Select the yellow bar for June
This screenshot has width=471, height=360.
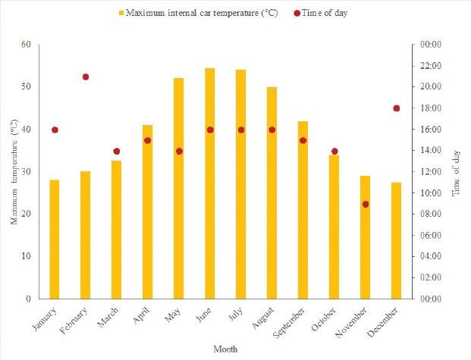[x=209, y=183]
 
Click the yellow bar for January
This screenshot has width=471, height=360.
[x=55, y=239]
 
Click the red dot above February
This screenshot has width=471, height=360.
[x=86, y=77]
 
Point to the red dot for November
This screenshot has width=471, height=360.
[x=365, y=204]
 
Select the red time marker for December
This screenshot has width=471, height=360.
[x=396, y=108]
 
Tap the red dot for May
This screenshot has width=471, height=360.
[x=179, y=151]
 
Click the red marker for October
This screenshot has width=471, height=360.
[x=334, y=151]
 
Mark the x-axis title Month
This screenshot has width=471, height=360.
[x=225, y=349]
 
